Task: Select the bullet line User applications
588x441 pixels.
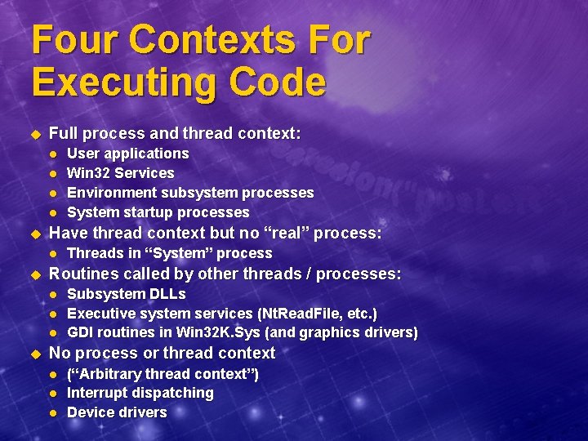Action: click(x=127, y=154)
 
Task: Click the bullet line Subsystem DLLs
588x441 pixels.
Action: click(x=126, y=294)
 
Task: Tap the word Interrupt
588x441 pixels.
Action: click(x=97, y=393)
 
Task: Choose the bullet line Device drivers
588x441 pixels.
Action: click(x=116, y=412)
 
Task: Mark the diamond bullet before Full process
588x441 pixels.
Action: click(x=34, y=134)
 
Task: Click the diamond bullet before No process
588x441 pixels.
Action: click(x=34, y=354)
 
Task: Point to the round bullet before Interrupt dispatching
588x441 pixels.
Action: click(x=53, y=394)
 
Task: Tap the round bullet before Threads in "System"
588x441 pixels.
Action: click(x=53, y=254)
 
